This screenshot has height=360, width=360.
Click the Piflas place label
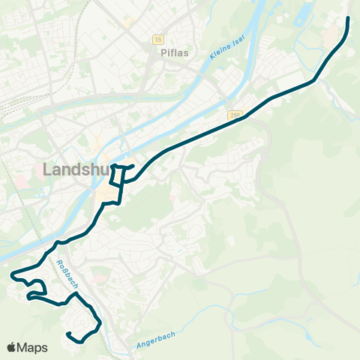(172, 54)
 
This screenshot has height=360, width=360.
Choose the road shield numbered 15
(157, 39)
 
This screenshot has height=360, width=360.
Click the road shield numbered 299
(235, 115)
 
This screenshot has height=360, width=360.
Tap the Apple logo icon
(12, 347)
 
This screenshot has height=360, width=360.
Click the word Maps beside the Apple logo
(33, 347)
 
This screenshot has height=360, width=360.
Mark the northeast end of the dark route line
(349, 17)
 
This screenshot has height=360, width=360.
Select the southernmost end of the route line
(67, 333)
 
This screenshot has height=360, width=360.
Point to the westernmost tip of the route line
(12, 276)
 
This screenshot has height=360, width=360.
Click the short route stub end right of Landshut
(133, 166)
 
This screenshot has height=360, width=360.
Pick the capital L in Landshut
(48, 169)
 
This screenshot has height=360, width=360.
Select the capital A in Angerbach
(139, 346)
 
